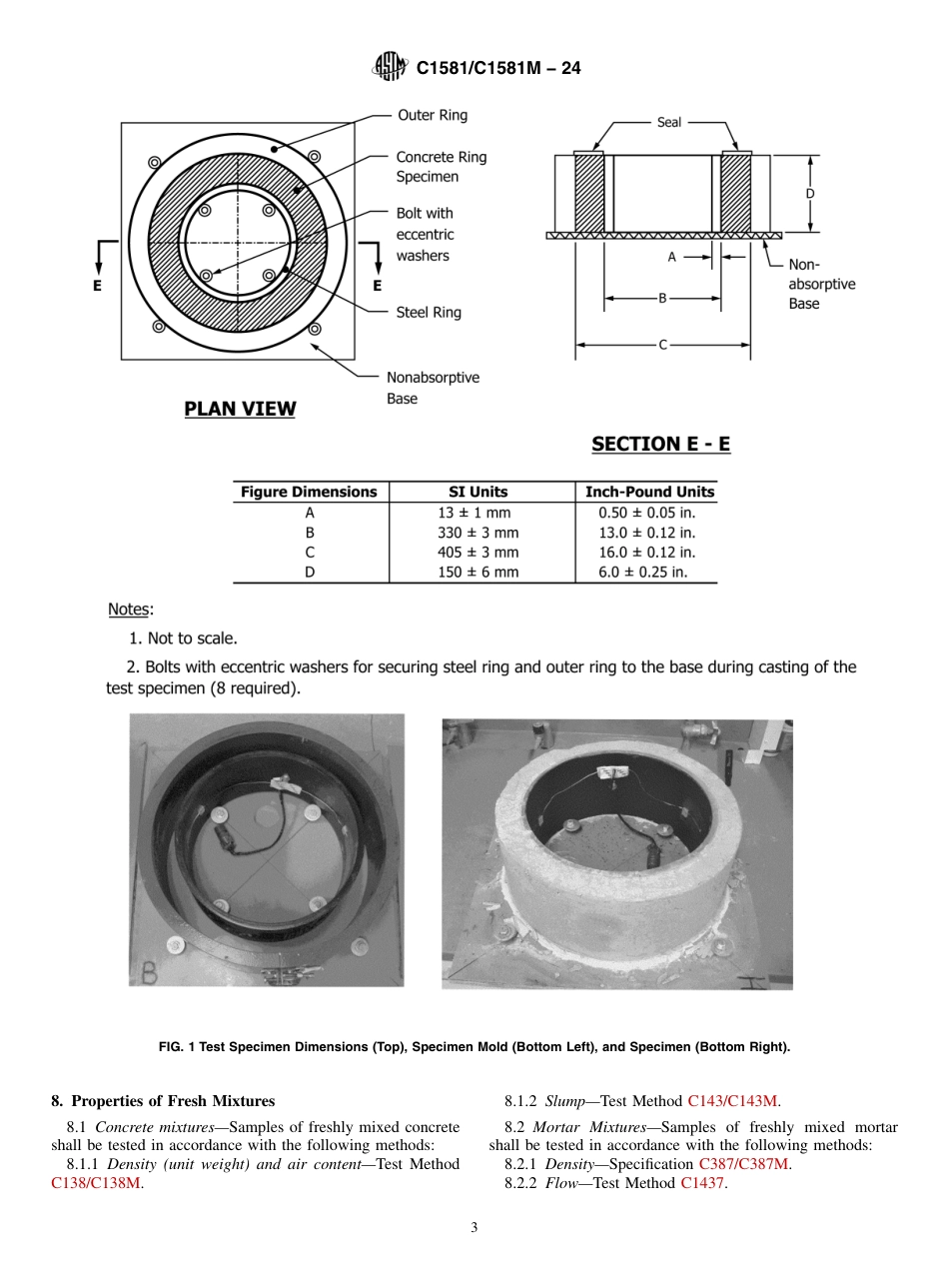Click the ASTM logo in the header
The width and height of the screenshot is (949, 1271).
coord(390,67)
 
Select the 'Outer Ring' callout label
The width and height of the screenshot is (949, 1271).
coord(432,115)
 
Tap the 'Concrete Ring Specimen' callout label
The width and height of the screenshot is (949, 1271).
coord(441,167)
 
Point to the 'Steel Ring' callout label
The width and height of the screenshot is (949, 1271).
coord(429,313)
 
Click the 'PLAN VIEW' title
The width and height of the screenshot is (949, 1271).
coord(240,409)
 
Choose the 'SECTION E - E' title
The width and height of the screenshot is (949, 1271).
coord(660,444)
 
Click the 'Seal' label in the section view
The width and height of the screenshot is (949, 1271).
coord(669,122)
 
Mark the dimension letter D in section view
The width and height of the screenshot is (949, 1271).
coord(810,193)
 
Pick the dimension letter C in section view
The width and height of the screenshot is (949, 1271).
coord(662,345)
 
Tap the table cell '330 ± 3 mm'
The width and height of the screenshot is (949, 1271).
coord(478,533)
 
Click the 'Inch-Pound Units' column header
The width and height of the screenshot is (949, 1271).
coord(649,492)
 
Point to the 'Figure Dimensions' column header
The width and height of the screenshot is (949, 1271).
coord(310,492)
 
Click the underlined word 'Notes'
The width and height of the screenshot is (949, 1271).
coord(128,610)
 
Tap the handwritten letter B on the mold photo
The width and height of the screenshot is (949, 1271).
coord(148,971)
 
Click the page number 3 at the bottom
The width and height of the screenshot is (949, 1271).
coord(474,1228)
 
